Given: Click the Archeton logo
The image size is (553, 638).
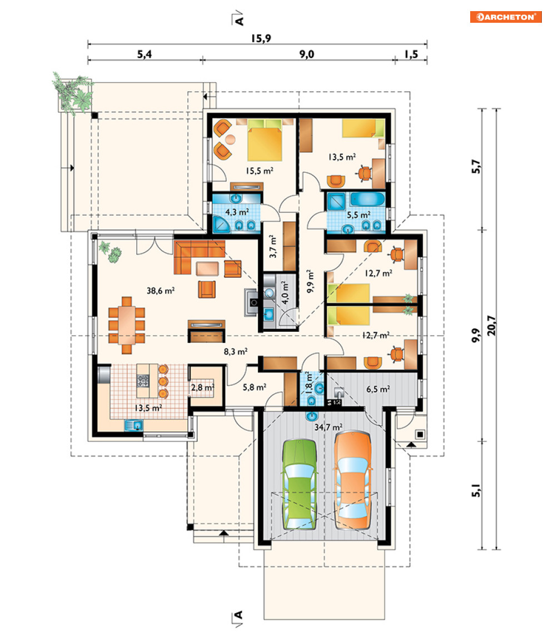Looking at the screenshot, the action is coord(506,17).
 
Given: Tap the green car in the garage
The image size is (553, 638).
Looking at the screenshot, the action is coord(300,484).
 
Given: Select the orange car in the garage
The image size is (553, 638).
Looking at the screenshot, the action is coord(353,481).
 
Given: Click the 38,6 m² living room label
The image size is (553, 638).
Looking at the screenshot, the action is coord(160,291).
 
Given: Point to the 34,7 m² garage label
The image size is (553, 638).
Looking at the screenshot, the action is coord(328,427).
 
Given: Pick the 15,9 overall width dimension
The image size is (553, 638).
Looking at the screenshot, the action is coord(261,38).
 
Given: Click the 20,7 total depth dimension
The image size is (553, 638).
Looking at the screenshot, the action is coord(491,325).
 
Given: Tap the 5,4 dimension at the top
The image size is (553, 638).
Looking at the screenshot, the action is coord(145,54).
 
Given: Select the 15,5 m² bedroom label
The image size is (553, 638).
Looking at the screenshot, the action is coord(259,171).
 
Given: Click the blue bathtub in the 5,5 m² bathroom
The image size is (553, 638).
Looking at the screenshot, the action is coord(367,200).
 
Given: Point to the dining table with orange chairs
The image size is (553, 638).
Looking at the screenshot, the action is coord(127,325).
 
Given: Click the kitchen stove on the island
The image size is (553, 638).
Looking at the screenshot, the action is coord(143,381).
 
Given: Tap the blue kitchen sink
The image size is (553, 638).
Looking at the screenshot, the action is coord(133,425).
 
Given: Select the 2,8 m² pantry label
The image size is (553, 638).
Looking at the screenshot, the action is coord(203,387).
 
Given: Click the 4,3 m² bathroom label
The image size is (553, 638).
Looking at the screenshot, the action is coord(237,212).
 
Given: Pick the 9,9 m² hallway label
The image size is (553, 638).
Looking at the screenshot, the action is coord(310,281).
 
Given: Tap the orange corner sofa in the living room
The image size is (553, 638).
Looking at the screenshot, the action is coord(199,257).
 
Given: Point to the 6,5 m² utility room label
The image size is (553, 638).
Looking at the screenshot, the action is coord(378,389).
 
